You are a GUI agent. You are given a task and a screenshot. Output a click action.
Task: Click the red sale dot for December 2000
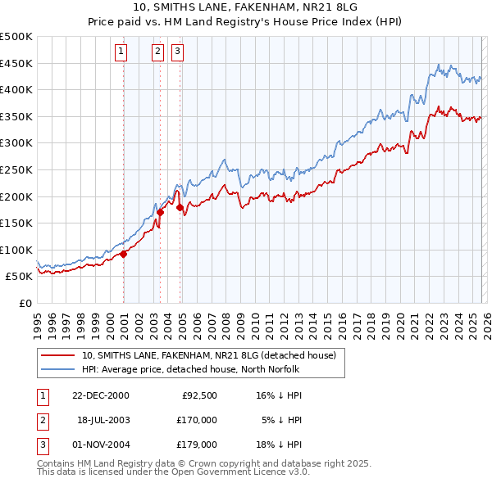[x=124, y=254]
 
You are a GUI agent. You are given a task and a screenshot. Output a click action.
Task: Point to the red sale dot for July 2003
[x=161, y=212]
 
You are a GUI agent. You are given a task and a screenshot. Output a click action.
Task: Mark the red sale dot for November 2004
[x=180, y=207]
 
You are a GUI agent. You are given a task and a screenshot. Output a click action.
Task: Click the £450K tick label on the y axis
[x=16, y=64]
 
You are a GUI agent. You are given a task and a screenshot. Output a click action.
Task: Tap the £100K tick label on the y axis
[x=16, y=250]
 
